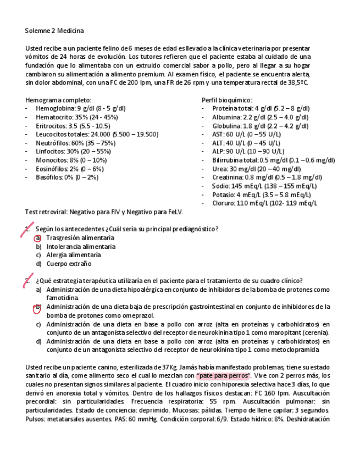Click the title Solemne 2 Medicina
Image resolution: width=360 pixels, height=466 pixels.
click(x=54, y=31)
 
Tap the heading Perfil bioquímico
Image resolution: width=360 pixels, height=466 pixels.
click(x=227, y=100)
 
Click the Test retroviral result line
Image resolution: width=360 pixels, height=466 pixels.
click(x=104, y=212)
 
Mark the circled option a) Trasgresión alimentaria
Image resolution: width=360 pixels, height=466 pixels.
click(x=80, y=238)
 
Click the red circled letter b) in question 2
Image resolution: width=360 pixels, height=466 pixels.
click(x=38, y=307)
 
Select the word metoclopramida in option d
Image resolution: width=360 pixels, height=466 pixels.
click(x=300, y=349)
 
